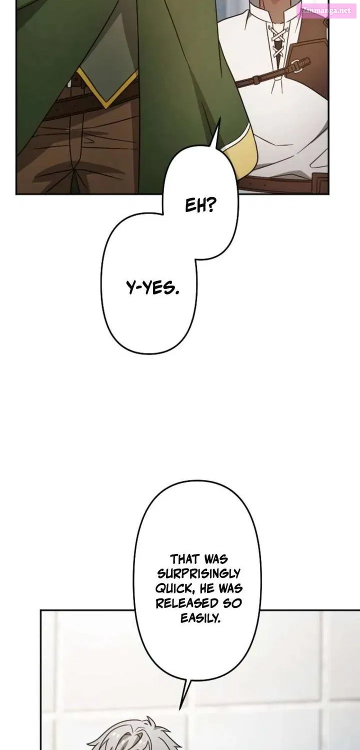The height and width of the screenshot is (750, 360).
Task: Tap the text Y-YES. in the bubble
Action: pyautogui.click(x=152, y=288)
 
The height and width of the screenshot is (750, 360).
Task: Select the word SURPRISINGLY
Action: pyautogui.click(x=198, y=573)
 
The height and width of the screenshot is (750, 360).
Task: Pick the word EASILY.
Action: pyautogui.click(x=200, y=617)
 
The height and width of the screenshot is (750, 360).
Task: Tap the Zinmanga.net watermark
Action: pyautogui.click(x=326, y=10)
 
